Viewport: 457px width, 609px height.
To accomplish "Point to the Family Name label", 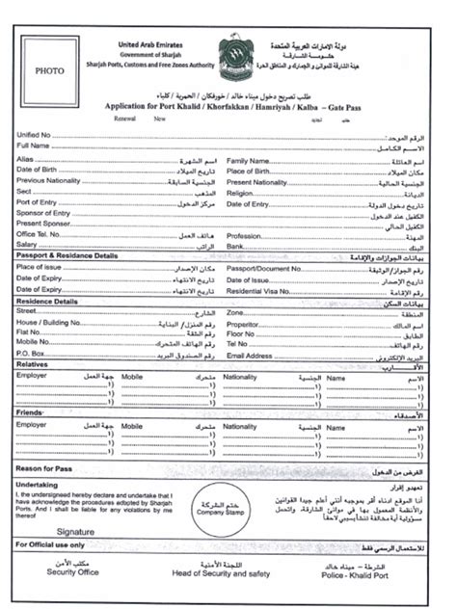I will click(x=248, y=161).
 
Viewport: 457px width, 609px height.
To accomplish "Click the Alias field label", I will click(x=26, y=158).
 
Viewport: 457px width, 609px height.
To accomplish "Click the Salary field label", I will click(x=28, y=245).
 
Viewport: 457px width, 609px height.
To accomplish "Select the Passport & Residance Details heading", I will click(x=67, y=256).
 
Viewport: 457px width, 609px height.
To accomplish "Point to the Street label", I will click(x=27, y=312).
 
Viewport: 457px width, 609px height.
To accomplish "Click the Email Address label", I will click(x=250, y=355).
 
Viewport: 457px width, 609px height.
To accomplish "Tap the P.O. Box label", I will click(x=32, y=353).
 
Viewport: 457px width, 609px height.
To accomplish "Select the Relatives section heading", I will click(x=33, y=365).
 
